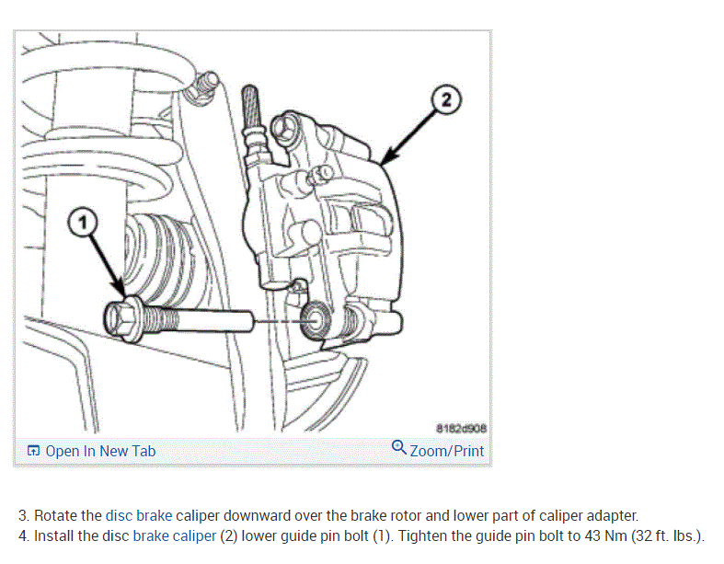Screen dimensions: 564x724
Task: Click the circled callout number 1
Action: click(83, 223)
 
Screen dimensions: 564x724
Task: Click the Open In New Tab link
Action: click(100, 451)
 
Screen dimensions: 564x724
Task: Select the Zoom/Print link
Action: click(447, 451)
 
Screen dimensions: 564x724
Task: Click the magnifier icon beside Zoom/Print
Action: click(398, 448)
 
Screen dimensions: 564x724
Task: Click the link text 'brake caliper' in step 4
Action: click(176, 535)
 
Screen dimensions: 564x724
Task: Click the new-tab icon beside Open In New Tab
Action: click(33, 451)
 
